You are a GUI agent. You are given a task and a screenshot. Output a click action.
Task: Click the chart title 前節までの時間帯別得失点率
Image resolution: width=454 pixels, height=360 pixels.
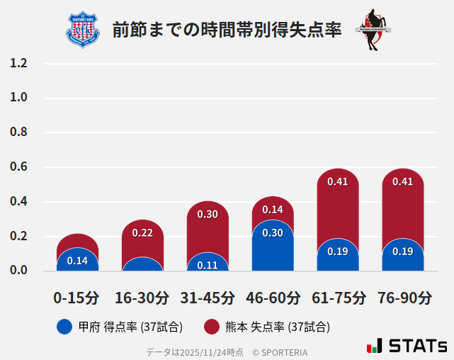point(227,30)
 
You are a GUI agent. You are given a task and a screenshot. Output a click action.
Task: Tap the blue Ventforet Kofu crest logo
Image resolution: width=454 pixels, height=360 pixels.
point(83,30)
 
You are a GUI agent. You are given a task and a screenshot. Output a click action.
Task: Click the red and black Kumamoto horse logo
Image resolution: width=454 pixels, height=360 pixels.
point(373,30)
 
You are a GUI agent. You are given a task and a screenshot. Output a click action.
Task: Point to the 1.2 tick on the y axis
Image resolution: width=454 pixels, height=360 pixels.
point(18,64)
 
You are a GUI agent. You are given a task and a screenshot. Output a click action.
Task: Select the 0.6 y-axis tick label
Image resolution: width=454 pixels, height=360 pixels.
point(18,167)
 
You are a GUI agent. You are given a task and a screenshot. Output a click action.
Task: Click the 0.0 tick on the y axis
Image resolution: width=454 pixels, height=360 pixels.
point(18,271)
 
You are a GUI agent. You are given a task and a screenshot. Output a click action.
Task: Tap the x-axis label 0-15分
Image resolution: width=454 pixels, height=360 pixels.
point(77,297)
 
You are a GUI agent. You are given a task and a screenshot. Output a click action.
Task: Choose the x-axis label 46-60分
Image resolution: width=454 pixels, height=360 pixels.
point(273,297)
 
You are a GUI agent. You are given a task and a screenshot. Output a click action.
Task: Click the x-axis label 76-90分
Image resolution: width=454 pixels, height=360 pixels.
point(403,297)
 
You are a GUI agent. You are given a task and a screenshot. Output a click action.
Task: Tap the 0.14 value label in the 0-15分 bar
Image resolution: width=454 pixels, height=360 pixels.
point(77,261)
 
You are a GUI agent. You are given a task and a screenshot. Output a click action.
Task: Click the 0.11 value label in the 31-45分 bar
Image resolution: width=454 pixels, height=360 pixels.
point(208,265)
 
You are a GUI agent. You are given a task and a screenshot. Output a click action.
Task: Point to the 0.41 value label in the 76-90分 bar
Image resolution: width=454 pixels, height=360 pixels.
point(403,181)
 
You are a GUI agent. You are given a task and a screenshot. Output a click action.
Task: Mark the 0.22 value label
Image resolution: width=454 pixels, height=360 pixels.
point(142,232)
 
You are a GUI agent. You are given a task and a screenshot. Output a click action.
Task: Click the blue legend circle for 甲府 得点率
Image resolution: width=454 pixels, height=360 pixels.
point(64,327)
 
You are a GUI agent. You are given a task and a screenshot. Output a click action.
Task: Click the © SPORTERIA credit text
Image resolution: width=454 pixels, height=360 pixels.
point(280,351)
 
